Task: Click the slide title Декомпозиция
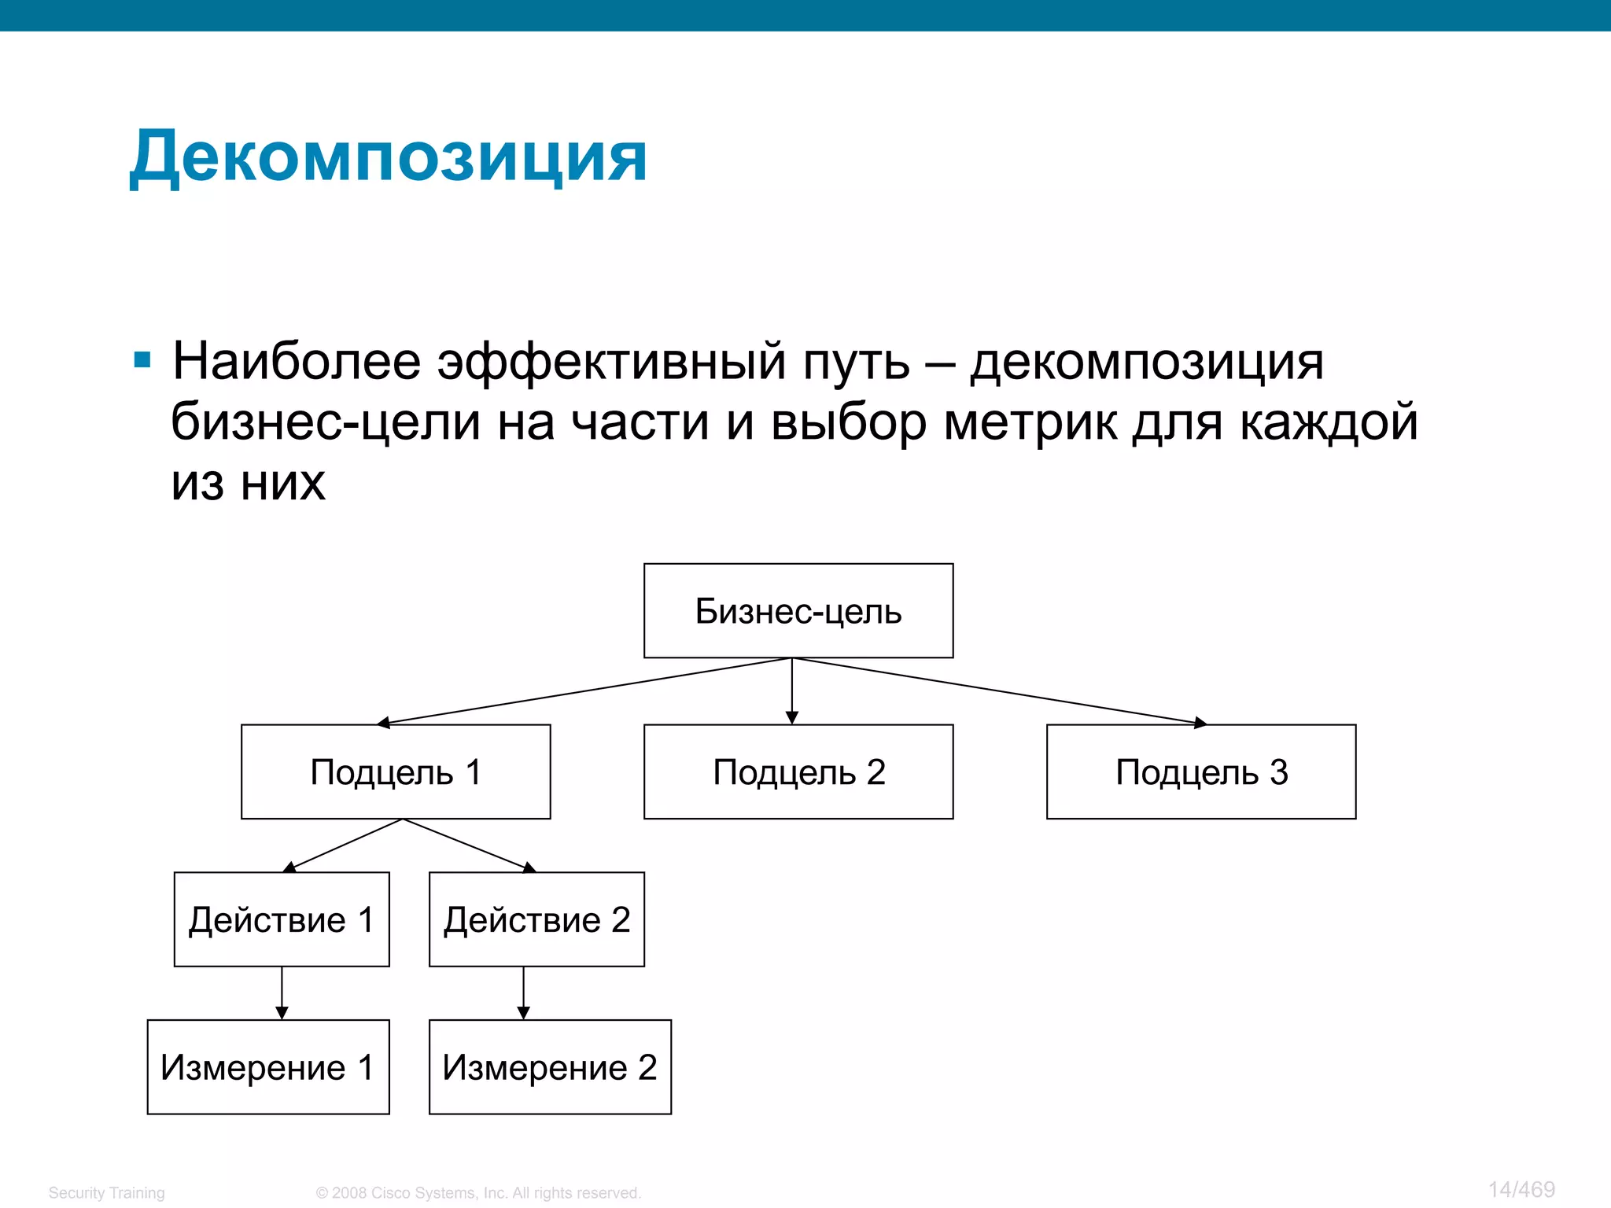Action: [388, 157]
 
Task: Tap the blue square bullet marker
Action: [142, 360]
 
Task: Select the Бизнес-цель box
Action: [798, 611]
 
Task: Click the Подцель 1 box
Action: [396, 772]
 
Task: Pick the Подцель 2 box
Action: [798, 772]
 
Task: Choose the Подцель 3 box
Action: [1201, 772]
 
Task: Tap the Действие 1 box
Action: [282, 919]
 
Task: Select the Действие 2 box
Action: [536, 919]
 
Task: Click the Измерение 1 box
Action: [268, 1067]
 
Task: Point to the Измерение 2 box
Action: [550, 1067]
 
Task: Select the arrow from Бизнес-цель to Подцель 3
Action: [999, 691]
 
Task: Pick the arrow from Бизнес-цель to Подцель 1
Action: [586, 691]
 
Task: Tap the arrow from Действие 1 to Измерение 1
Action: [282, 993]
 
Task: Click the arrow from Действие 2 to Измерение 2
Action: [524, 993]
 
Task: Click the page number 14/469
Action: [1521, 1190]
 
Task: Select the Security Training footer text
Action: [107, 1193]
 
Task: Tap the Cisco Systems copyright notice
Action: [478, 1193]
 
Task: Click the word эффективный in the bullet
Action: [611, 362]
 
